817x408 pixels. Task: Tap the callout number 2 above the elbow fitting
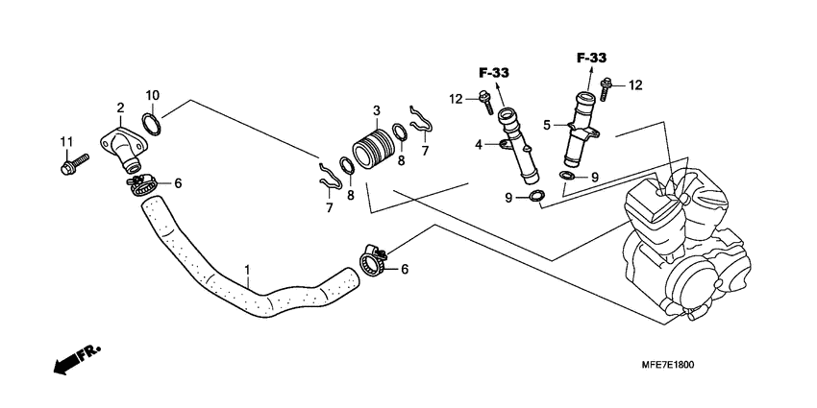click(120, 108)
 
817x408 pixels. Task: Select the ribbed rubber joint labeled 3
click(371, 152)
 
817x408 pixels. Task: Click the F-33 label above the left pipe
click(494, 72)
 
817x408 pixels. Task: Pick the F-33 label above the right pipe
click(592, 59)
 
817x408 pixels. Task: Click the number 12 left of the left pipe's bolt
click(457, 98)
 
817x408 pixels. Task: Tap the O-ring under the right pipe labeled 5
click(568, 176)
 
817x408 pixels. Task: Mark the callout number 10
click(153, 94)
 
